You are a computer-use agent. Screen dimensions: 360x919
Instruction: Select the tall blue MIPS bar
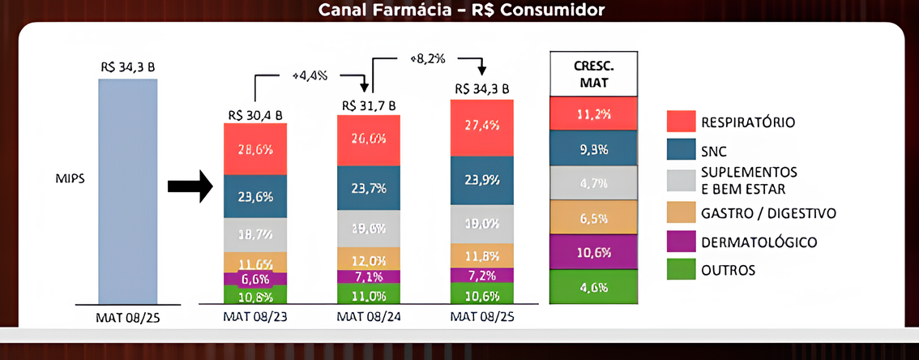coord(128,191)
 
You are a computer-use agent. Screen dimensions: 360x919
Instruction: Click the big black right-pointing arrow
coord(189,187)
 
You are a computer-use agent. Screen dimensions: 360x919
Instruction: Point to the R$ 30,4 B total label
coord(255,114)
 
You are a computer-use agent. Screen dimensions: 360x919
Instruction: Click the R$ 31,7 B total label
coord(369,105)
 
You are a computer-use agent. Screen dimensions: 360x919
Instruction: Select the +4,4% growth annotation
coord(310,75)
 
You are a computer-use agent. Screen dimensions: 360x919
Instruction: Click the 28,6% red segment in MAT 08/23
coord(255,149)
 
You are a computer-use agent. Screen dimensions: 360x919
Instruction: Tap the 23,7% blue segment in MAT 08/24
coord(369,189)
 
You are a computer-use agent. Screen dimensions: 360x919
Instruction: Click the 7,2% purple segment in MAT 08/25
coord(482,276)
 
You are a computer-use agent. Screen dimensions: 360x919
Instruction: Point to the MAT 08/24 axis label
coord(369,318)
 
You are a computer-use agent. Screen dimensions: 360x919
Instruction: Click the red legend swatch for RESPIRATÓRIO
coord(678,122)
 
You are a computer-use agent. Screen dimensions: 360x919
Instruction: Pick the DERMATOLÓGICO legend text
coord(754,242)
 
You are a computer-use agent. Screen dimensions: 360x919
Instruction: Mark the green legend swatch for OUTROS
coord(678,270)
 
